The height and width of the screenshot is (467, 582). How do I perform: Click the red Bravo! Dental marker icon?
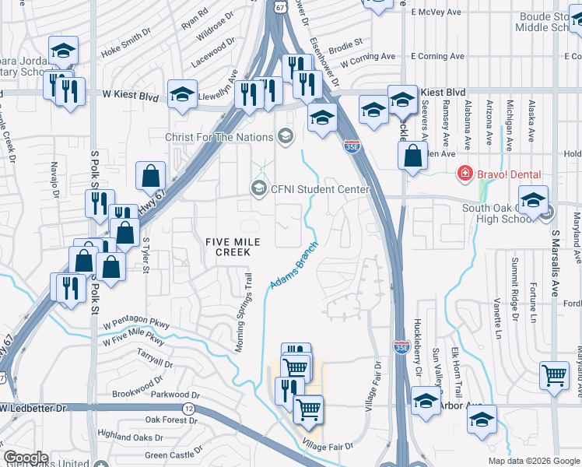(465, 174)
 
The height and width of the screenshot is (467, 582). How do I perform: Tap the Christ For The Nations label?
(219, 137)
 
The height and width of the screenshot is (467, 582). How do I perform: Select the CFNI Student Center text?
(319, 188)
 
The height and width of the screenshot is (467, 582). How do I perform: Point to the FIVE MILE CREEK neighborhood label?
(228, 247)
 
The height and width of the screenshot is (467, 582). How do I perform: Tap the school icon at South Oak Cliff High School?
(534, 200)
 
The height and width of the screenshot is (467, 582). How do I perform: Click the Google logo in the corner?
(25, 458)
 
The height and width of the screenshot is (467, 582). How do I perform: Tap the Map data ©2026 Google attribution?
(533, 461)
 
